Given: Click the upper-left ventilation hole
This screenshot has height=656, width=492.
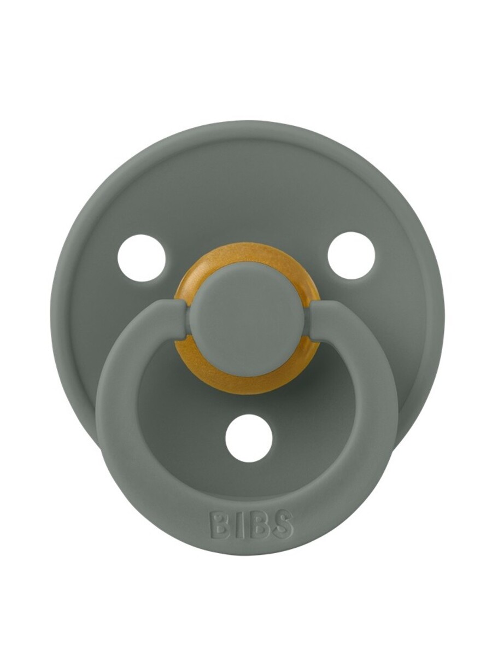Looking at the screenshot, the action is click(142, 257).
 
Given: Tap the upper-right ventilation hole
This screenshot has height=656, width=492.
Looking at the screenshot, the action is click(351, 255).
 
